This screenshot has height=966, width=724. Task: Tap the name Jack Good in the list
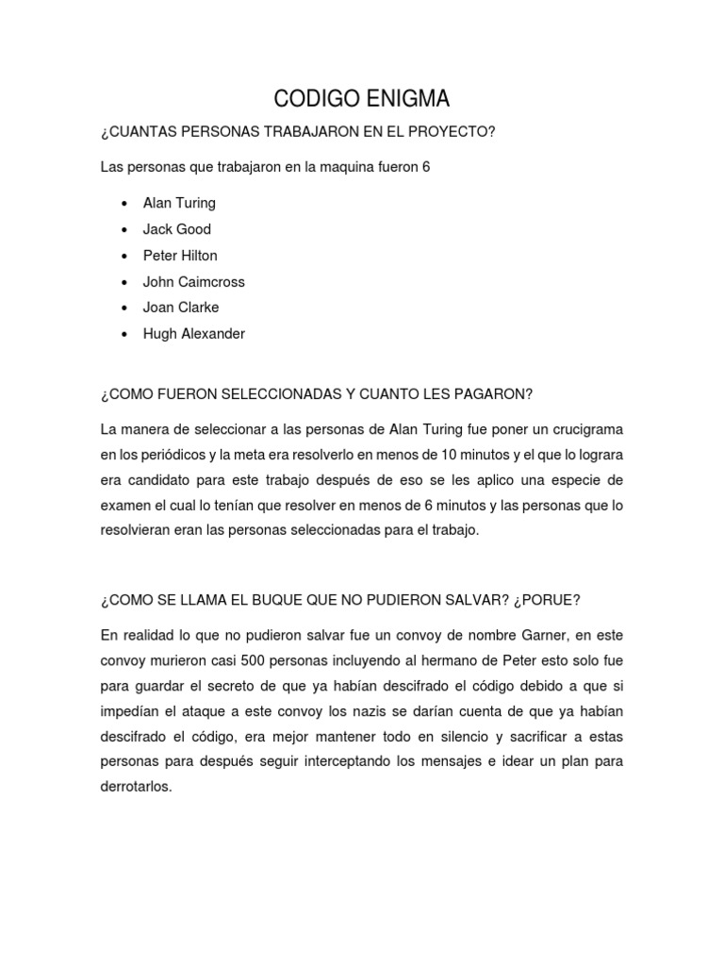click(176, 229)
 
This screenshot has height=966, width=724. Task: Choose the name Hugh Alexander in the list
click(193, 334)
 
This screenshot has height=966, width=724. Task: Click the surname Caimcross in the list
click(211, 282)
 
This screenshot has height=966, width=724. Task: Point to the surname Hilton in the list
click(198, 256)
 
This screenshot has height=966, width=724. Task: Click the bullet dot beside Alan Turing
click(125, 204)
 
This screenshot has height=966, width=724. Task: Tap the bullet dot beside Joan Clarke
click(125, 308)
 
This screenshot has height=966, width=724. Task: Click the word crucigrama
click(584, 429)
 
